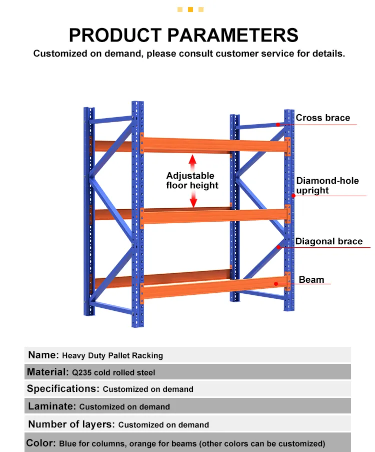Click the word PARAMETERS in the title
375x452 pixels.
click(x=233, y=35)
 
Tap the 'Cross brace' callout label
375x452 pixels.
click(x=322, y=118)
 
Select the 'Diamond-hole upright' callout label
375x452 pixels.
click(x=327, y=185)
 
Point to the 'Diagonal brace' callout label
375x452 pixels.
click(x=328, y=241)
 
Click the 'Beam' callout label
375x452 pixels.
click(x=311, y=280)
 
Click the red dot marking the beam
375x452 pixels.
click(x=276, y=284)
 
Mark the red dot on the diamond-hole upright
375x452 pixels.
click(x=293, y=196)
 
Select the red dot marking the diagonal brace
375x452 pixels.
click(x=278, y=247)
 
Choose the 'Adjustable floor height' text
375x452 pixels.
click(x=192, y=181)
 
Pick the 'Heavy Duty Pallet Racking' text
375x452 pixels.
click(x=112, y=355)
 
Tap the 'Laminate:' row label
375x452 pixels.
click(x=52, y=406)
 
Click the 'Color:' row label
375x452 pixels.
click(x=41, y=443)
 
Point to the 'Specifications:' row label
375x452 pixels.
click(x=63, y=389)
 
